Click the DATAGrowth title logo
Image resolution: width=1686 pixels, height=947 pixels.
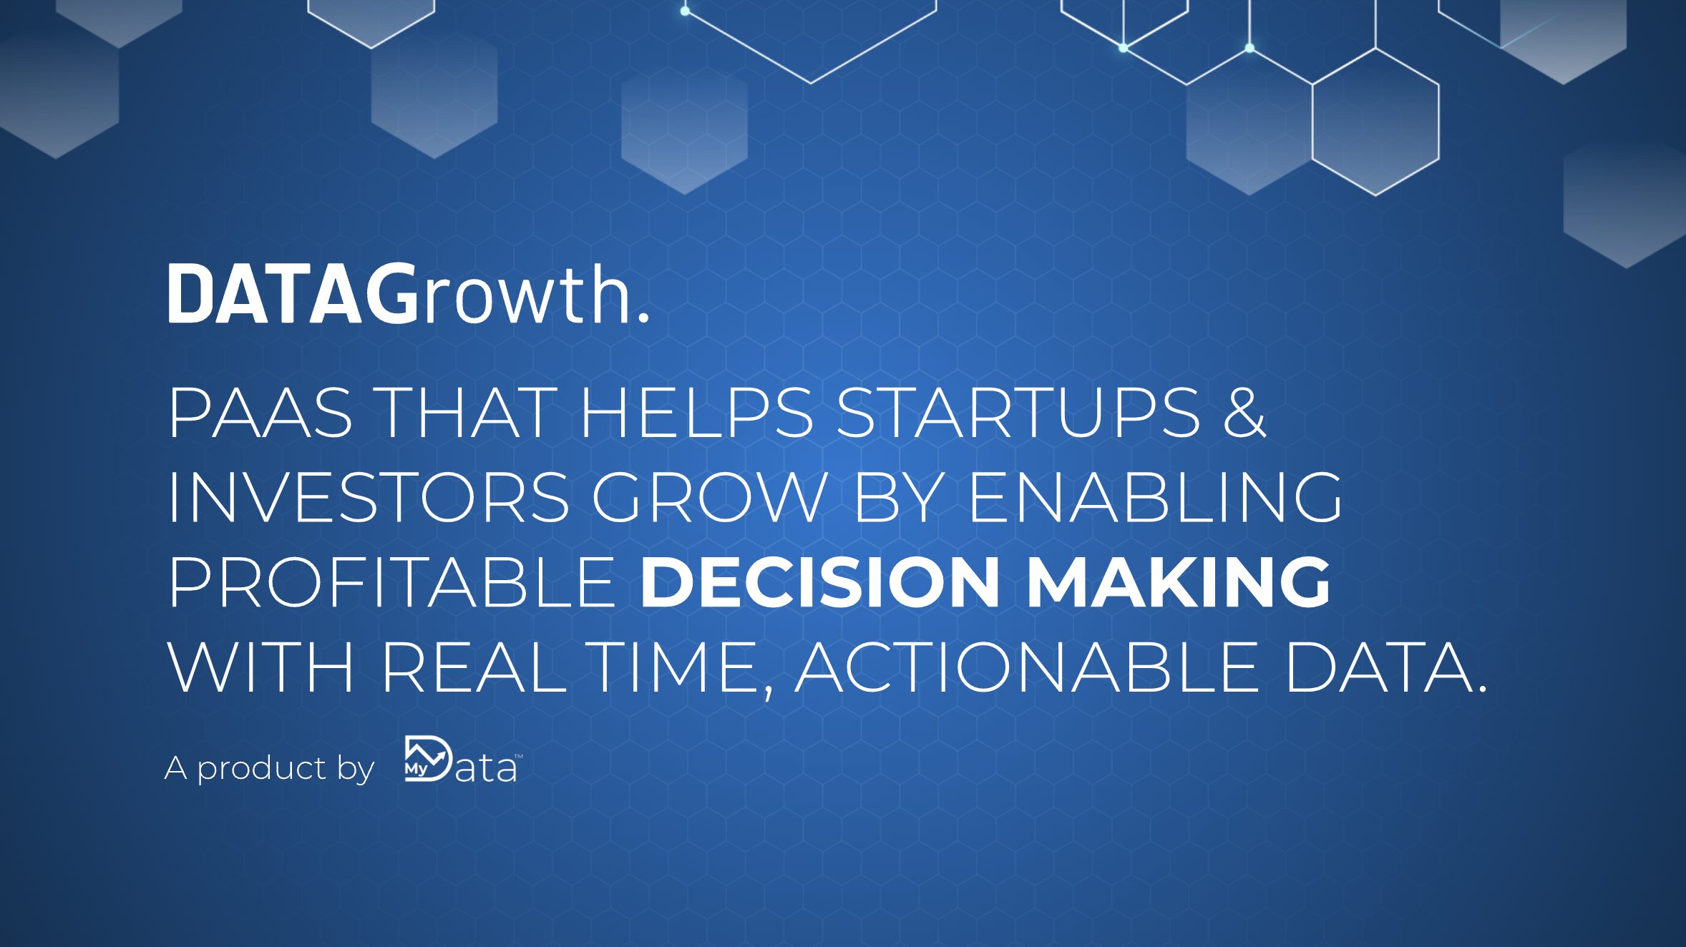click(x=408, y=294)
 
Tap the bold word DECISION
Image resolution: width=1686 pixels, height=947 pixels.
click(x=820, y=582)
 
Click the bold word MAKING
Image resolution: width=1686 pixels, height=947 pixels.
click(x=1178, y=582)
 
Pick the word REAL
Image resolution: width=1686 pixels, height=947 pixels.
click(x=474, y=667)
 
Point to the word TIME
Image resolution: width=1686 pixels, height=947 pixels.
click(x=676, y=667)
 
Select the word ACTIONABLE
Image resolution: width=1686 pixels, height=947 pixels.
click(x=1026, y=667)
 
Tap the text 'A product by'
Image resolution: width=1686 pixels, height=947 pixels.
click(x=269, y=768)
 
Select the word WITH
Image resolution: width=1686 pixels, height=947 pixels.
click(x=260, y=667)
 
